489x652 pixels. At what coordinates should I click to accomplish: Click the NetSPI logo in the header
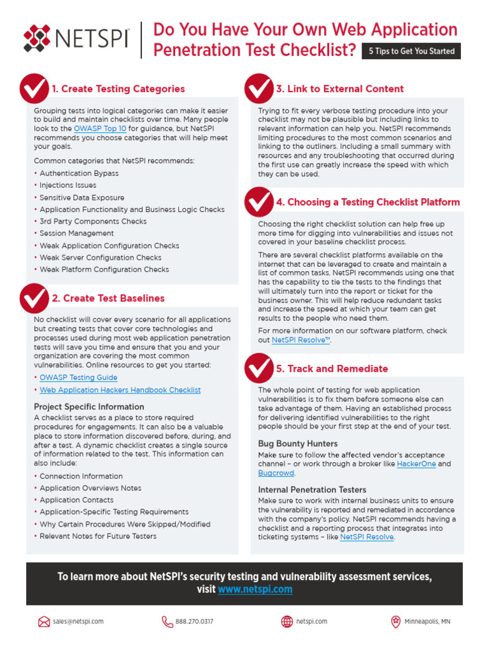[x=76, y=39]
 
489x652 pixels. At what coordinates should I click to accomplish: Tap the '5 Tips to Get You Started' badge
[x=411, y=51]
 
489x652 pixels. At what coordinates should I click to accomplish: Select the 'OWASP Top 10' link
[x=100, y=129]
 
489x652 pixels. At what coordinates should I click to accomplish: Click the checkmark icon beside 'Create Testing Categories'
[x=34, y=89]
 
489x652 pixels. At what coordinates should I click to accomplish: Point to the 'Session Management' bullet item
[x=77, y=234]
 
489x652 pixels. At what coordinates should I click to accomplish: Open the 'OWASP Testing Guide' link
[x=78, y=378]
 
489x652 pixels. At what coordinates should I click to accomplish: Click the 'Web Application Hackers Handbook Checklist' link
[x=120, y=390]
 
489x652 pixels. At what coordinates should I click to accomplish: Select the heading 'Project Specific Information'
[x=89, y=406]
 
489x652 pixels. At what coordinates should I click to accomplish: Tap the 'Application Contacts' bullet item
[x=76, y=500]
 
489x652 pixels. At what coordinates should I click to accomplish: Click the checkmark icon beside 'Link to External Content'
[x=259, y=89]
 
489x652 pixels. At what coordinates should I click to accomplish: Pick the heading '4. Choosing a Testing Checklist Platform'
[x=367, y=202]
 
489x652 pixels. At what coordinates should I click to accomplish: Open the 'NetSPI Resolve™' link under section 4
[x=301, y=340]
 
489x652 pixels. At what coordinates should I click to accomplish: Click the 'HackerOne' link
[x=416, y=464]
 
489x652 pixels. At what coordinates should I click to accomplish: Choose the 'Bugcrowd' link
[x=276, y=473]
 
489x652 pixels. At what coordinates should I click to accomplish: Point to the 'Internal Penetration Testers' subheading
[x=312, y=490]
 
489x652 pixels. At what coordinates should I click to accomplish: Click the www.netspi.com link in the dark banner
[x=255, y=590]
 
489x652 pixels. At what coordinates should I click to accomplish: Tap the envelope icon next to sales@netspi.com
[x=44, y=621]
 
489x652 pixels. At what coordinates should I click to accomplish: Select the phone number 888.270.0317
[x=194, y=621]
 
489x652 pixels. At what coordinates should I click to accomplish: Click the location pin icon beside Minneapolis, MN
[x=395, y=621]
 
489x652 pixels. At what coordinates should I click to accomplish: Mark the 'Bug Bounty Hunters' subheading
[x=298, y=444]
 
